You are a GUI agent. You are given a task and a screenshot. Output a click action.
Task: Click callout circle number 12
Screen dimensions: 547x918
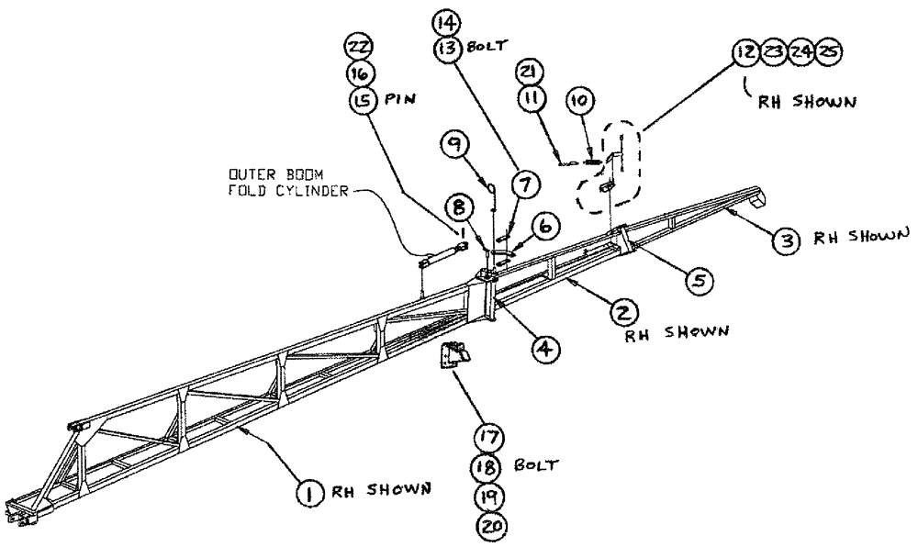pos(745,53)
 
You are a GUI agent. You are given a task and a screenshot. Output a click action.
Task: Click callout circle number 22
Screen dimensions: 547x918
pos(359,46)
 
